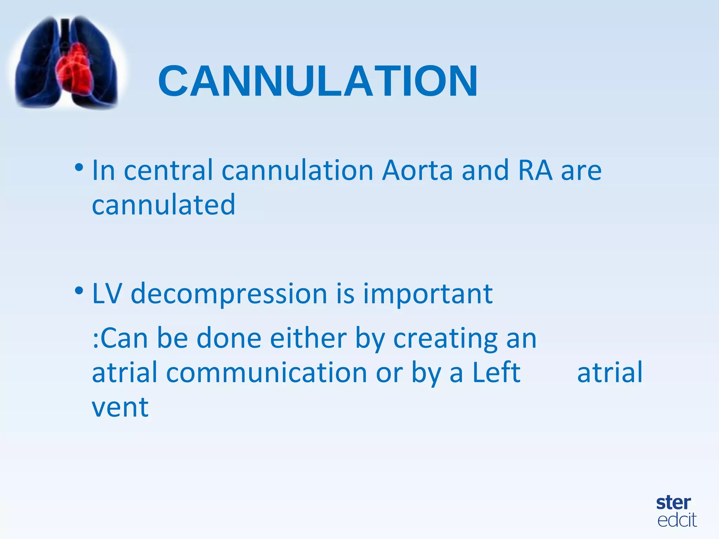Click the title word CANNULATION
[x=318, y=81]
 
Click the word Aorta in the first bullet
[x=417, y=170]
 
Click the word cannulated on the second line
[x=163, y=205]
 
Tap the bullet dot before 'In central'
[x=79, y=167]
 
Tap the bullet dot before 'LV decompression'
[x=79, y=291]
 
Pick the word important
[x=428, y=294]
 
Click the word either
[x=308, y=338]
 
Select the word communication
[x=266, y=373]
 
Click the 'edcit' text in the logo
[x=677, y=520]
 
